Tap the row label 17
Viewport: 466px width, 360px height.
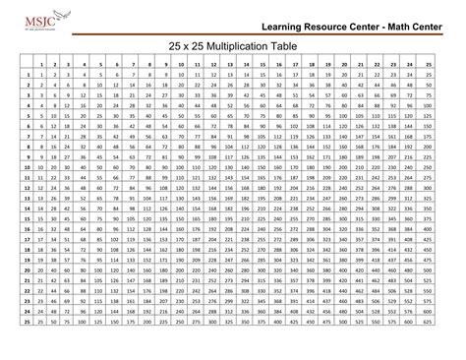pos(27,258)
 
